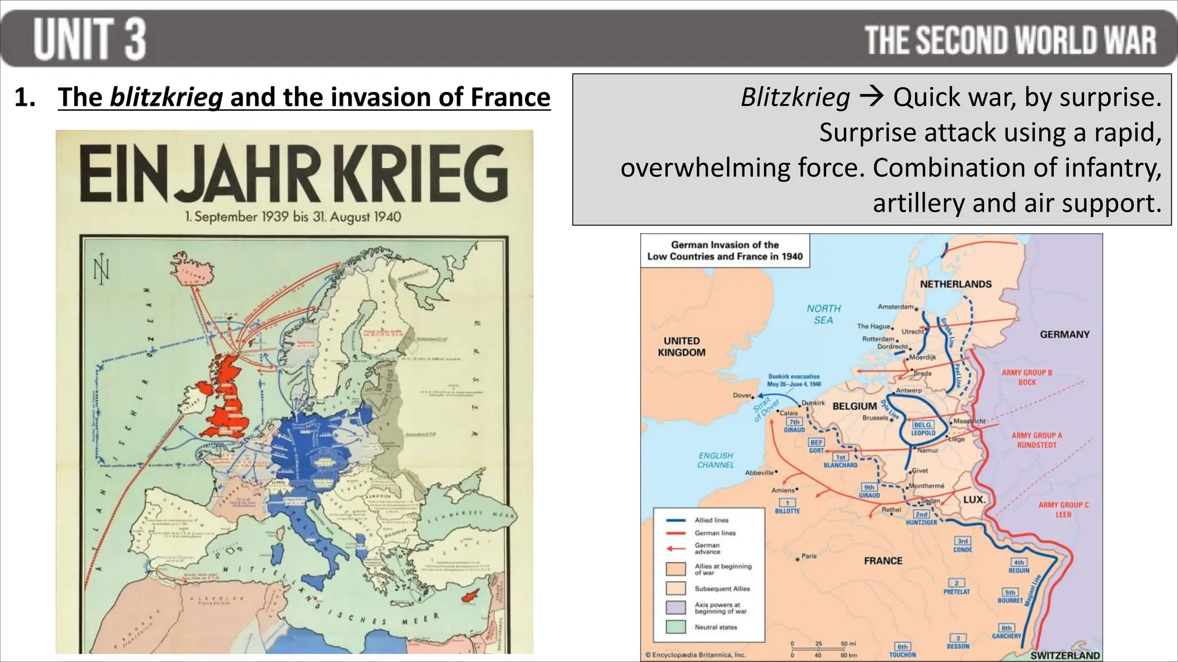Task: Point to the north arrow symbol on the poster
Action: (102, 268)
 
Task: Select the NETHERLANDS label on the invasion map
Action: (955, 284)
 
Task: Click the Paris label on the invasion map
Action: (809, 556)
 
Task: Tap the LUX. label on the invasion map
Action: (974, 500)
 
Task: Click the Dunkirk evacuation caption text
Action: (794, 380)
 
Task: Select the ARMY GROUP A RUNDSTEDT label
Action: (1037, 440)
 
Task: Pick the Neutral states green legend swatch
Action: (676, 627)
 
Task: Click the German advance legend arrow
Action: (676, 548)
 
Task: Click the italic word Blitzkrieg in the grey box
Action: (795, 97)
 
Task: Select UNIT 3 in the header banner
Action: (89, 39)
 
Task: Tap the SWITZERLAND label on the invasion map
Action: (1065, 656)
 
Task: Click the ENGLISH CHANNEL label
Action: (716, 460)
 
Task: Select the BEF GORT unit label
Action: (816, 447)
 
